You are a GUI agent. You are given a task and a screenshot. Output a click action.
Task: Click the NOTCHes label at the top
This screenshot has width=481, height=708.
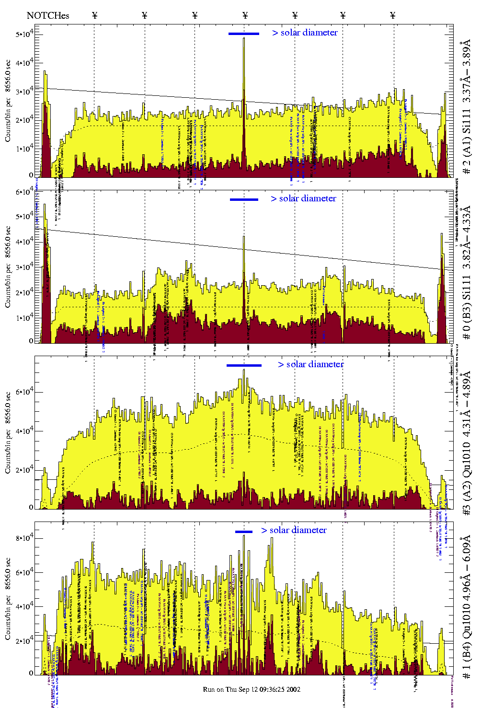coord(48,16)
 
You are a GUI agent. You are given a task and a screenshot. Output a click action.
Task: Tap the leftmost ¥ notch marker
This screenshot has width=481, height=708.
coord(94,15)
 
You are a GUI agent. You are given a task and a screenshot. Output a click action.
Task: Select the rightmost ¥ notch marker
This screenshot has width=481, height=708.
coord(393,15)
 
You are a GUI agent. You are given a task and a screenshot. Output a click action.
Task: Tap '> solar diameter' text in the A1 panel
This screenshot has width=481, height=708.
coord(305,33)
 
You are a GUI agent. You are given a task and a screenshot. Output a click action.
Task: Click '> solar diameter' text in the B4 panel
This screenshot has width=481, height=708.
coord(294,530)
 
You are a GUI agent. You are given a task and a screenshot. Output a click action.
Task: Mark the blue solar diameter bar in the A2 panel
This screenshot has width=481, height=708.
coord(244,366)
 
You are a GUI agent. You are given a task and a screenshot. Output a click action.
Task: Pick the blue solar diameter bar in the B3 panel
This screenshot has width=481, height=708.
coord(244,199)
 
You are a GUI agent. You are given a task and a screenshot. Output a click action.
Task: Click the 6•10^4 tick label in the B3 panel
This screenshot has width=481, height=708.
coord(24,192)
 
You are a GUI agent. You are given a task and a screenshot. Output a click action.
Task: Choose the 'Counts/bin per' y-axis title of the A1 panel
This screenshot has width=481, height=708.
coord(8,100)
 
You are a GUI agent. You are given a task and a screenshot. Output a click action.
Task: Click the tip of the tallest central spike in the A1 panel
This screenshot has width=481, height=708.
coord(244,38)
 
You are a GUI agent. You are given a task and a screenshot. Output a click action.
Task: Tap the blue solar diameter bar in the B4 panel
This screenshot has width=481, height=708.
coord(244,532)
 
